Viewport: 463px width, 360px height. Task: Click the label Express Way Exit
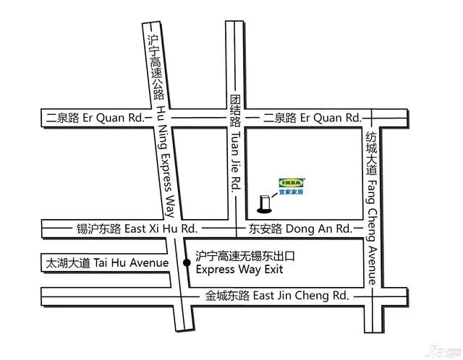click(239, 270)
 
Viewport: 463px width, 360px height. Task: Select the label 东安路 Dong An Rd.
click(300, 228)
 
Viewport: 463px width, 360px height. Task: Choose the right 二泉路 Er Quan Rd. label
click(312, 117)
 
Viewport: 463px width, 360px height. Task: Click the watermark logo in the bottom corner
click(443, 350)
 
